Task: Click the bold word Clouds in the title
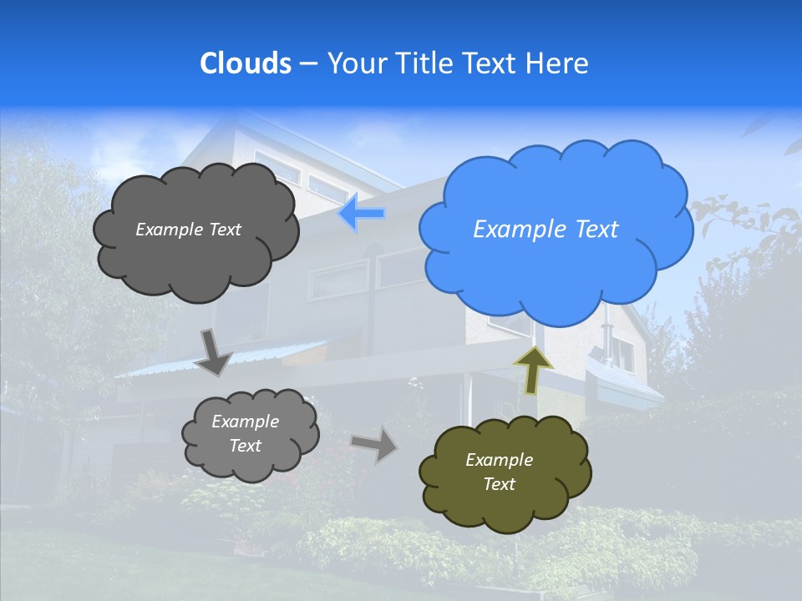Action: pyautogui.click(x=245, y=63)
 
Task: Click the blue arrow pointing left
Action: pyautogui.click(x=362, y=215)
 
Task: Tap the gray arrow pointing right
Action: pyautogui.click(x=375, y=443)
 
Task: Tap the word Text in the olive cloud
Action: pyautogui.click(x=499, y=484)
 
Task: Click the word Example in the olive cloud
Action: pyautogui.click(x=499, y=460)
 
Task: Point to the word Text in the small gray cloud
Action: pyautogui.click(x=246, y=446)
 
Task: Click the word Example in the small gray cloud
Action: pyautogui.click(x=245, y=422)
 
